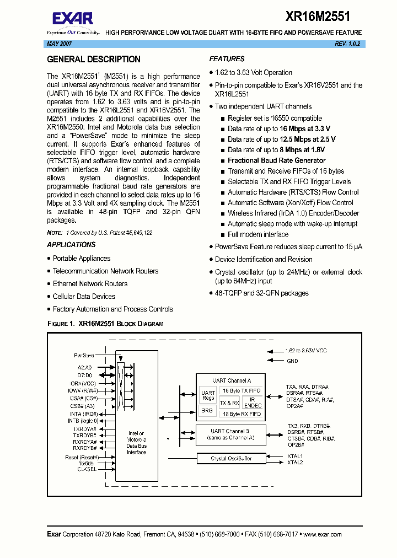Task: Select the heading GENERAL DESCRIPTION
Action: [x=94, y=60]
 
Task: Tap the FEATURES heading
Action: [x=227, y=59]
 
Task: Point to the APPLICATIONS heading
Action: [x=71, y=245]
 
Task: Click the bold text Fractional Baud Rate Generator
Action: [x=277, y=160]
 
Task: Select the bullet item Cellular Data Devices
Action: [x=84, y=297]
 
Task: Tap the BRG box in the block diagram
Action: [x=207, y=411]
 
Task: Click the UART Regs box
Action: [x=207, y=395]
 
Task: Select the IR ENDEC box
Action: [x=253, y=402]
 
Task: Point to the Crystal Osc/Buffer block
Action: [x=231, y=458]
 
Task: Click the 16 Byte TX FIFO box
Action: [x=240, y=390]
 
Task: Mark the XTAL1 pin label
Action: [x=295, y=456]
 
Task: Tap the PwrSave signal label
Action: [x=84, y=356]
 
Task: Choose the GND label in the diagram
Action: [x=292, y=361]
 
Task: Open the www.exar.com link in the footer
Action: [x=322, y=534]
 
